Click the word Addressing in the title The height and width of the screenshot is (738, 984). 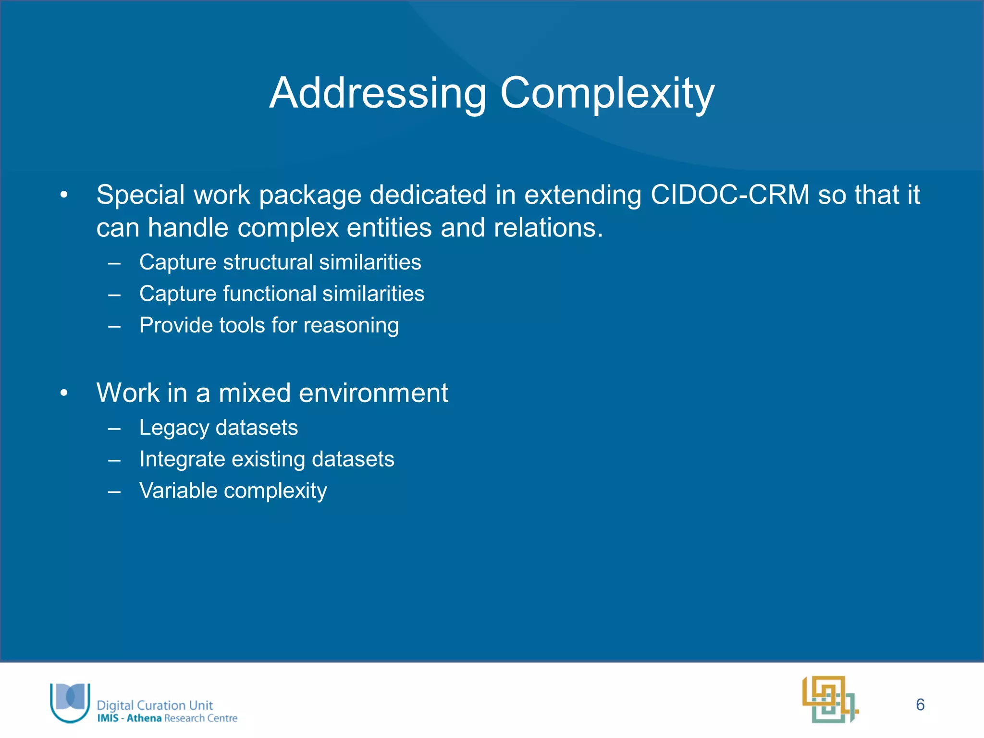point(378,94)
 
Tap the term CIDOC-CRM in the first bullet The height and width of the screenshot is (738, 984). point(730,195)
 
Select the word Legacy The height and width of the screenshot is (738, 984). point(174,428)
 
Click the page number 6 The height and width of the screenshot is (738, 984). point(920,705)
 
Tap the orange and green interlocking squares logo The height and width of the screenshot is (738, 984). point(830,699)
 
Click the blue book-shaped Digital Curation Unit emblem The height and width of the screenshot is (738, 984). point(71,702)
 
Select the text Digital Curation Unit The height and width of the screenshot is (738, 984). point(155,705)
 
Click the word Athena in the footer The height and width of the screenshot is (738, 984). point(144,718)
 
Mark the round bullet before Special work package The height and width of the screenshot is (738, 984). point(64,196)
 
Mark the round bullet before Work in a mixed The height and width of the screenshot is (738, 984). point(64,394)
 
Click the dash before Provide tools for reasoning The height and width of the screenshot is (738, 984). point(114,326)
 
